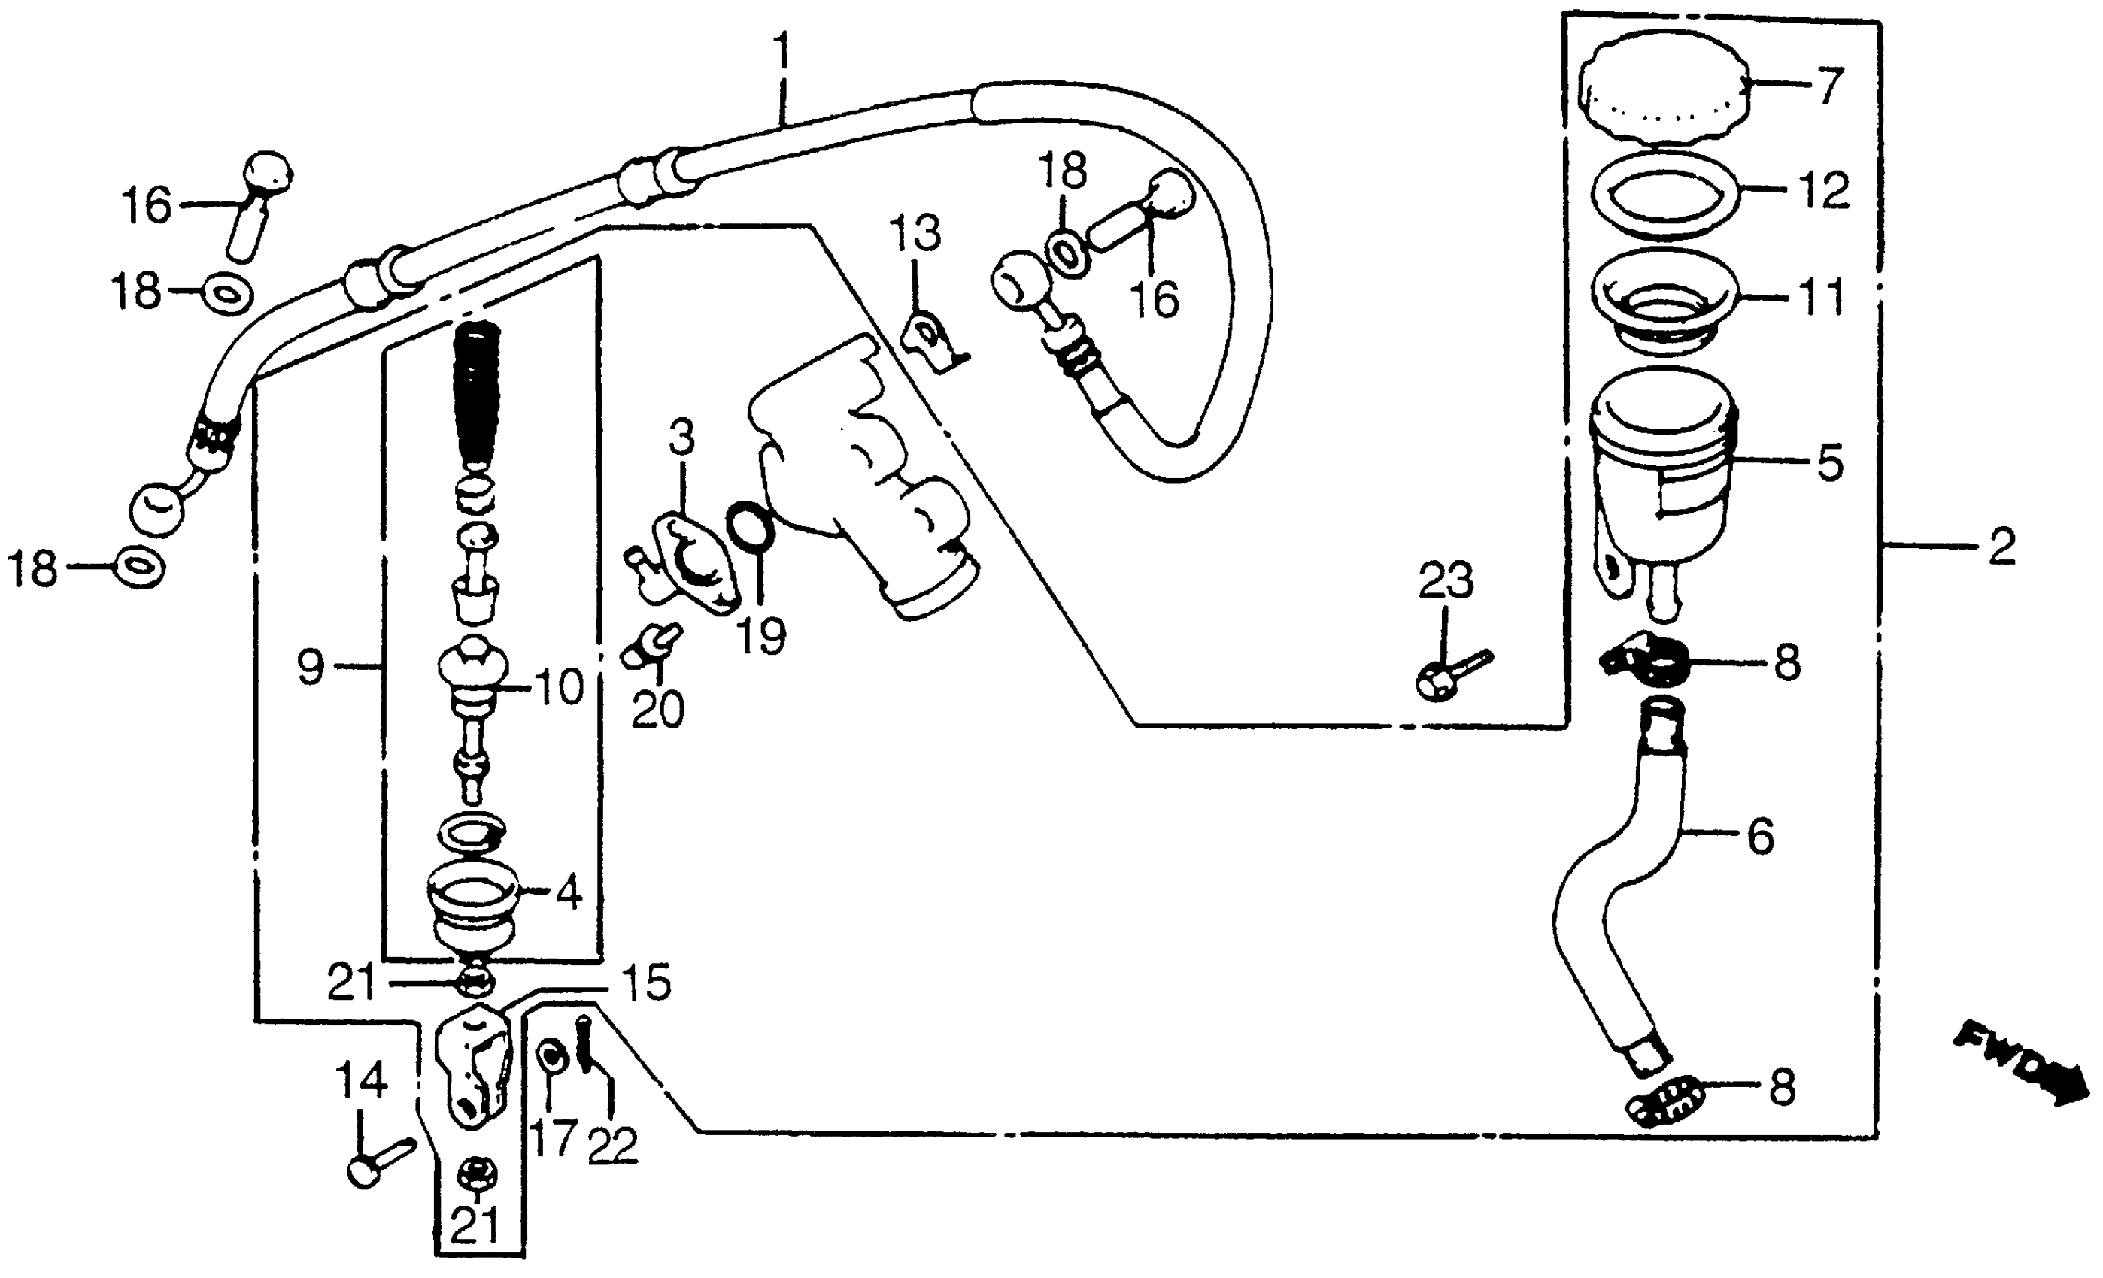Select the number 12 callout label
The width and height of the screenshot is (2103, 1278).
[1824, 189]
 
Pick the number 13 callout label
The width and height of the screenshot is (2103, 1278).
[915, 232]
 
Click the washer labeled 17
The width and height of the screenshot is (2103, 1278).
[551, 1058]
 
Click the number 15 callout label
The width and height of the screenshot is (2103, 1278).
[645, 982]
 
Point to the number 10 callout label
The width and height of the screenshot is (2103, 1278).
[559, 687]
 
